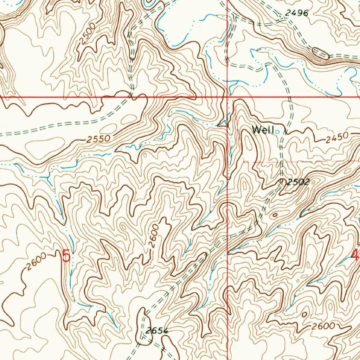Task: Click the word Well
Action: [263, 130]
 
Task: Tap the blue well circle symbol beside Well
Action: [278, 132]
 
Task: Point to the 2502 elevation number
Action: [297, 182]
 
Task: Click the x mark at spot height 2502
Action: [282, 181]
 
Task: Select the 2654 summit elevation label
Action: [157, 331]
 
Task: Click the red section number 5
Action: [66, 256]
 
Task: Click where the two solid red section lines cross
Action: [227, 96]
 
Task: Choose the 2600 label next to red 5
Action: [36, 262]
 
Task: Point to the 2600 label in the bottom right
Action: [323, 326]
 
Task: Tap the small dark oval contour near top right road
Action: [321, 54]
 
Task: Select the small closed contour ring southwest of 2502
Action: [274, 215]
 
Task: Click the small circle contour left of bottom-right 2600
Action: [304, 314]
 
